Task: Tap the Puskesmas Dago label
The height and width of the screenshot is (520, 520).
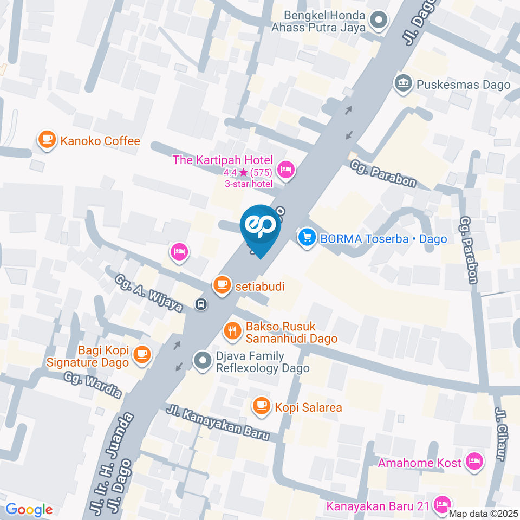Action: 463,84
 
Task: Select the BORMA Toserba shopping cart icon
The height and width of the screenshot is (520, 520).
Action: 307,238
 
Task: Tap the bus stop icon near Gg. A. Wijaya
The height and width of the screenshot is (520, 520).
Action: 201,304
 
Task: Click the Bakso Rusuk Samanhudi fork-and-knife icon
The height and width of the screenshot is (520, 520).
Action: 233,330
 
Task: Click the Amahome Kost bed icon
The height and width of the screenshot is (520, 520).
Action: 475,462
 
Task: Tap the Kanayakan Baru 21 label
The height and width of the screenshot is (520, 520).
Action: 378,507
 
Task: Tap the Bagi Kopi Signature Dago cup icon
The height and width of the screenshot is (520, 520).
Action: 142,354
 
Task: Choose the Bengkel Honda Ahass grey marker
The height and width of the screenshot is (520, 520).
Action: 377,22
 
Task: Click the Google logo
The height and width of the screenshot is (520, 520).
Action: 29,509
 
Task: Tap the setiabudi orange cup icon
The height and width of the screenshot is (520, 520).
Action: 222,285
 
